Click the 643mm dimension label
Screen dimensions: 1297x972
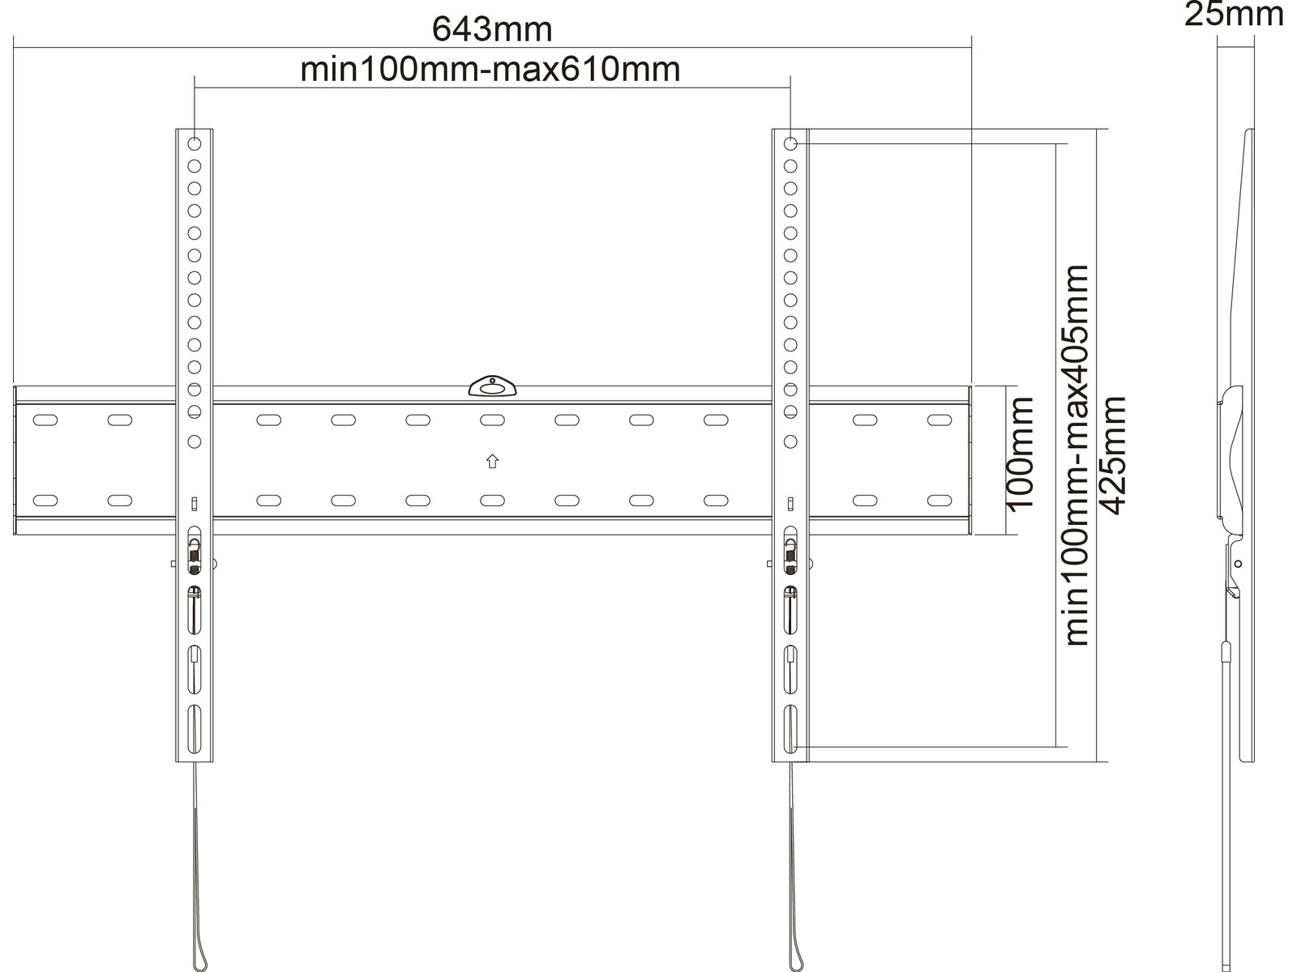click(492, 29)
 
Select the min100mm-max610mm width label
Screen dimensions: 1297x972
click(490, 70)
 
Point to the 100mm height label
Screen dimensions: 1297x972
click(1021, 454)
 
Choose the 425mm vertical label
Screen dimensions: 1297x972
click(1112, 455)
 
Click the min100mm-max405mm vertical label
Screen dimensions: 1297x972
click(1077, 455)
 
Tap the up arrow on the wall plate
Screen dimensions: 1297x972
click(492, 461)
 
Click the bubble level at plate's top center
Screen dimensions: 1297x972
click(492, 386)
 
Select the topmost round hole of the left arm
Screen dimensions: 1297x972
click(195, 143)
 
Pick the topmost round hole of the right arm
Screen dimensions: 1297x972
click(790, 143)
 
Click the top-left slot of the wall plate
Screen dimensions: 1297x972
click(45, 420)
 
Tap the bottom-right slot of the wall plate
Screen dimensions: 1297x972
click(940, 501)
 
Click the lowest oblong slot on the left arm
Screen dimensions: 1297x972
click(195, 730)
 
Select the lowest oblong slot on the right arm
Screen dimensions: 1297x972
click(790, 730)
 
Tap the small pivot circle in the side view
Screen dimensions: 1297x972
click(1238, 565)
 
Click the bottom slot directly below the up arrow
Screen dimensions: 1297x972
click(492, 501)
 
